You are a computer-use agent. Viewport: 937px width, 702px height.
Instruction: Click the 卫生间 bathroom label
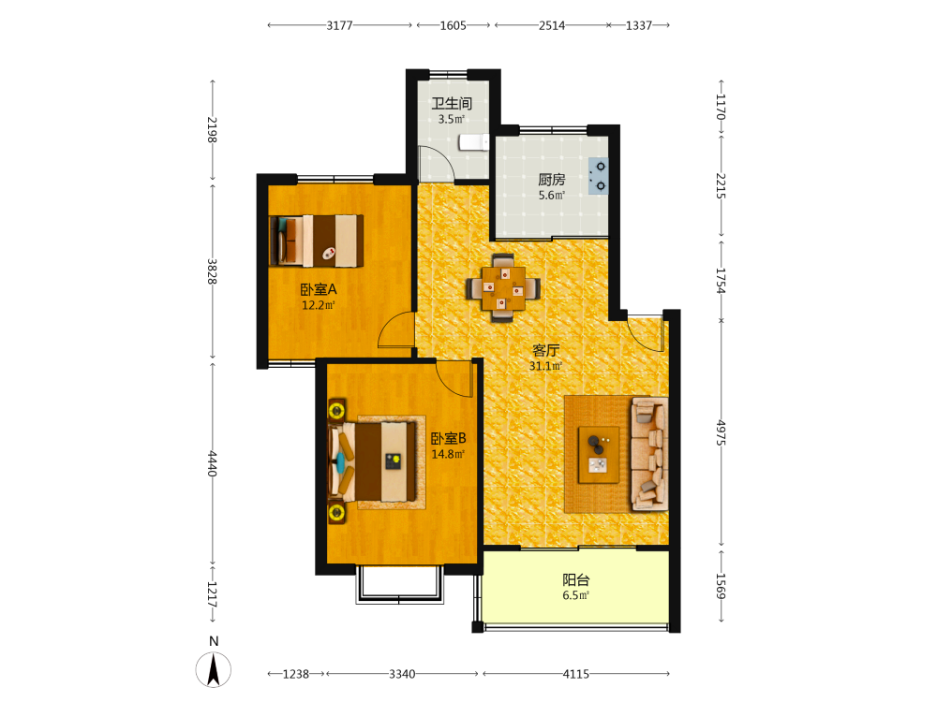[452, 103]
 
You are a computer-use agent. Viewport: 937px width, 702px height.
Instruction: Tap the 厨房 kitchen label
[552, 179]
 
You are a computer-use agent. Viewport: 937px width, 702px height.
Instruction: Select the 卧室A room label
[319, 289]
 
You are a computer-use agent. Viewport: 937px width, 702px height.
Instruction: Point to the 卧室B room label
[448, 439]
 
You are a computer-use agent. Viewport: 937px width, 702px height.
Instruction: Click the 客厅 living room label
[545, 350]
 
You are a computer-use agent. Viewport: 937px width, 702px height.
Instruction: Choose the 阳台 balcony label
[576, 579]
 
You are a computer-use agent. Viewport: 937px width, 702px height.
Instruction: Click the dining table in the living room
[503, 288]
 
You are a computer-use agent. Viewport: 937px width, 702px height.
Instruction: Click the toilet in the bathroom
[474, 142]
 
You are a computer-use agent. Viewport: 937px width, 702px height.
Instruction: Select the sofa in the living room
[649, 454]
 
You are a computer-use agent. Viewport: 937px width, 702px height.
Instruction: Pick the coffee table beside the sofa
[598, 455]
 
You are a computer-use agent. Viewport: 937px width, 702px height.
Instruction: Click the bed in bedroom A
[317, 241]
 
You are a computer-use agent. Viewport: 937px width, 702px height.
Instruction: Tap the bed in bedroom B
[373, 462]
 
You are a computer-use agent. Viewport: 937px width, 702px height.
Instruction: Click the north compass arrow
[214, 669]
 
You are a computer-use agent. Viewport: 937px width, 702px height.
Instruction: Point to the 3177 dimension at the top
[339, 25]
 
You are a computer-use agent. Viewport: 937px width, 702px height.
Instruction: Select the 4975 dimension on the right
[721, 432]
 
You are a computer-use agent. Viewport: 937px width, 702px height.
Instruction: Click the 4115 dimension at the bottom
[576, 674]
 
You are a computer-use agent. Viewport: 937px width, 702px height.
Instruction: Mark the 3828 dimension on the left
[212, 271]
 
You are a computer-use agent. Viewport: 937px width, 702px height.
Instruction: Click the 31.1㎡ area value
[545, 366]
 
